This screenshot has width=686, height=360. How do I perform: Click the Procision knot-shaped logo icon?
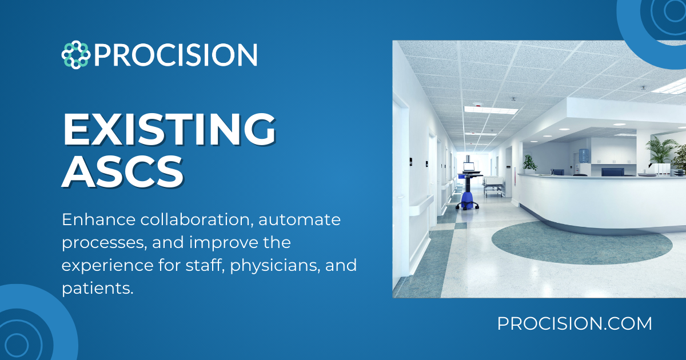pos(75,55)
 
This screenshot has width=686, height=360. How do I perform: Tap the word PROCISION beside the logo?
pos(176,55)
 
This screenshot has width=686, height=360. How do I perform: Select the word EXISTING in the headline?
pos(169,130)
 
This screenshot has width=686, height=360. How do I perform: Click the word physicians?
pos(274,265)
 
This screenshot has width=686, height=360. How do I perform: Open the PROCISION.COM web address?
pos(575,323)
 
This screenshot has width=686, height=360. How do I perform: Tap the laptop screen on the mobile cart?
pos(469,167)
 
